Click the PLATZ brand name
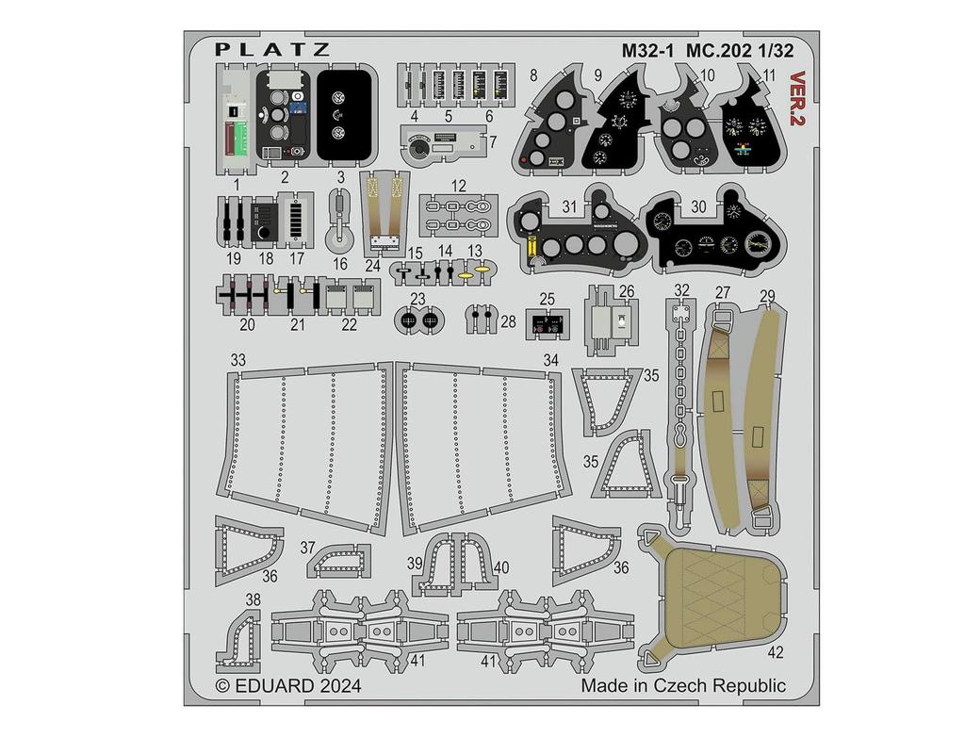pyautogui.click(x=271, y=49)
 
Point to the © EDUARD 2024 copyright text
pyautogui.click(x=288, y=686)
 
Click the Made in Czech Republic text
pyautogui.click(x=683, y=685)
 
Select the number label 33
pyautogui.click(x=237, y=361)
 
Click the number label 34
pyautogui.click(x=550, y=361)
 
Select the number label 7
pyautogui.click(x=492, y=142)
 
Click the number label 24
pyautogui.click(x=372, y=266)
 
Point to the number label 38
pyautogui.click(x=253, y=599)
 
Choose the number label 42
pyautogui.click(x=775, y=651)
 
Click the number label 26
pyautogui.click(x=626, y=291)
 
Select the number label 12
pyautogui.click(x=458, y=186)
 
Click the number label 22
pyautogui.click(x=349, y=323)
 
